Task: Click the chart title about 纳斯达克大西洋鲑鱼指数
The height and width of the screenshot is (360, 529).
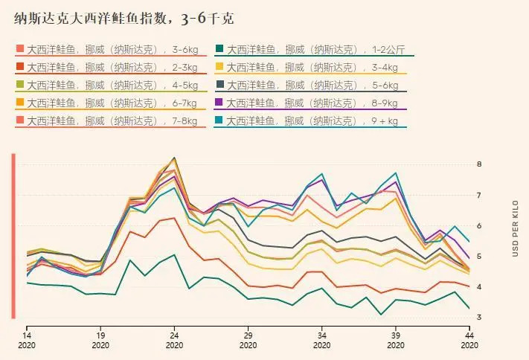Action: [124, 19]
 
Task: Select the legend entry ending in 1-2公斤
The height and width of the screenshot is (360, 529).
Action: [315, 50]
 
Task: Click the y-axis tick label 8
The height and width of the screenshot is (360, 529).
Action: [479, 164]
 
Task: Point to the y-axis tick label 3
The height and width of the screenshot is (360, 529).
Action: [479, 318]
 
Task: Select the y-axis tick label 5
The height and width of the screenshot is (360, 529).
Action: [479, 257]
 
